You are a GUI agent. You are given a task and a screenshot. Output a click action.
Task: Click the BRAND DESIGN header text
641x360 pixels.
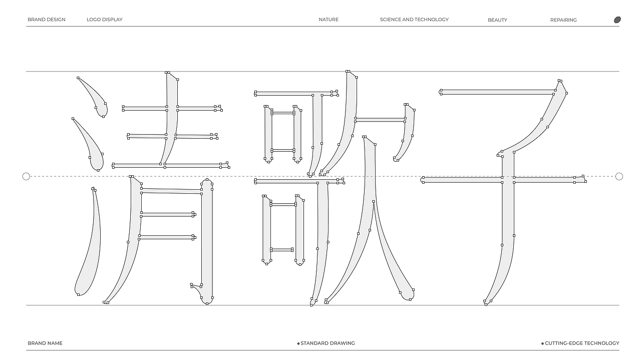click(x=47, y=20)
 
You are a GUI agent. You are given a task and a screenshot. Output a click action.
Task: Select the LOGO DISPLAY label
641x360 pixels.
click(x=105, y=20)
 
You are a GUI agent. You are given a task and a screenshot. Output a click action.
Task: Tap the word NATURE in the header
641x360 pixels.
click(x=329, y=20)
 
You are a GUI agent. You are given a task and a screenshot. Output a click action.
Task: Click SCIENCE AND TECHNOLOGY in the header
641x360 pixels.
click(x=414, y=20)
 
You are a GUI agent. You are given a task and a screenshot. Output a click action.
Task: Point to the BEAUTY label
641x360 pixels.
click(x=497, y=20)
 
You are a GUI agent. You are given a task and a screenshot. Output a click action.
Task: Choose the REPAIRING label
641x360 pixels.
click(x=563, y=20)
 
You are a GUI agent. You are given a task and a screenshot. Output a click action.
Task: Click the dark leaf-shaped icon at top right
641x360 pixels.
click(x=617, y=20)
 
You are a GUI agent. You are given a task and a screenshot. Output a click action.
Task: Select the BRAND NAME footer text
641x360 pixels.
click(x=45, y=343)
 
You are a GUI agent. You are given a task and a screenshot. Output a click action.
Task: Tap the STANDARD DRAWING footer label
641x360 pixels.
click(x=328, y=343)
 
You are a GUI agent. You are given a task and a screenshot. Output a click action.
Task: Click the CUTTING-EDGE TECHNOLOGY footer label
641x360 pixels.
click(x=582, y=343)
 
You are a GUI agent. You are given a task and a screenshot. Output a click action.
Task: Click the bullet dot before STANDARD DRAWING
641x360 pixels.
click(x=298, y=343)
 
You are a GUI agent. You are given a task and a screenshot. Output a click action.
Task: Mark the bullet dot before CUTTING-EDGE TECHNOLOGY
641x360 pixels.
click(x=542, y=343)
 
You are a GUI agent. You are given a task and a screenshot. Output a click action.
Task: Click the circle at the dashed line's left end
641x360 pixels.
click(x=26, y=177)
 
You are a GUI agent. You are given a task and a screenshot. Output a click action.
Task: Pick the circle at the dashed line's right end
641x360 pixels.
click(x=619, y=177)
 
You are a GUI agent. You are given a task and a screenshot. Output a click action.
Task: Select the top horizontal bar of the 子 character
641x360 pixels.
click(x=498, y=92)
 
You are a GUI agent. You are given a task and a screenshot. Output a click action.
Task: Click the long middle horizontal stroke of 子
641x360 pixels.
click(x=504, y=180)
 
